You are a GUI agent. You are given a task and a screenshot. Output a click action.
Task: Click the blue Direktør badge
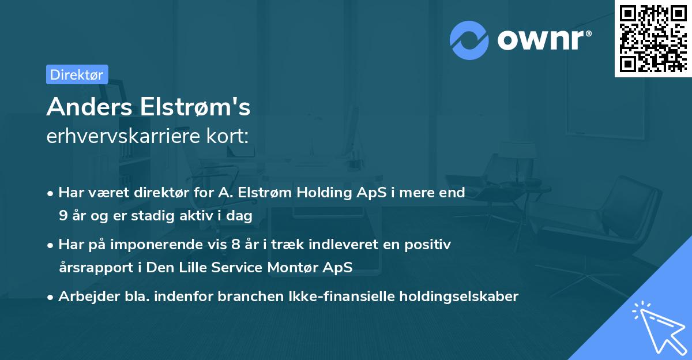77,74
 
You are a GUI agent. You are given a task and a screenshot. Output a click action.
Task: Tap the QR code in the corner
653,38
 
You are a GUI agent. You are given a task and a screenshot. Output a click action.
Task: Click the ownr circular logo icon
470,40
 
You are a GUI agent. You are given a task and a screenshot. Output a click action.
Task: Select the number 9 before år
62,215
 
